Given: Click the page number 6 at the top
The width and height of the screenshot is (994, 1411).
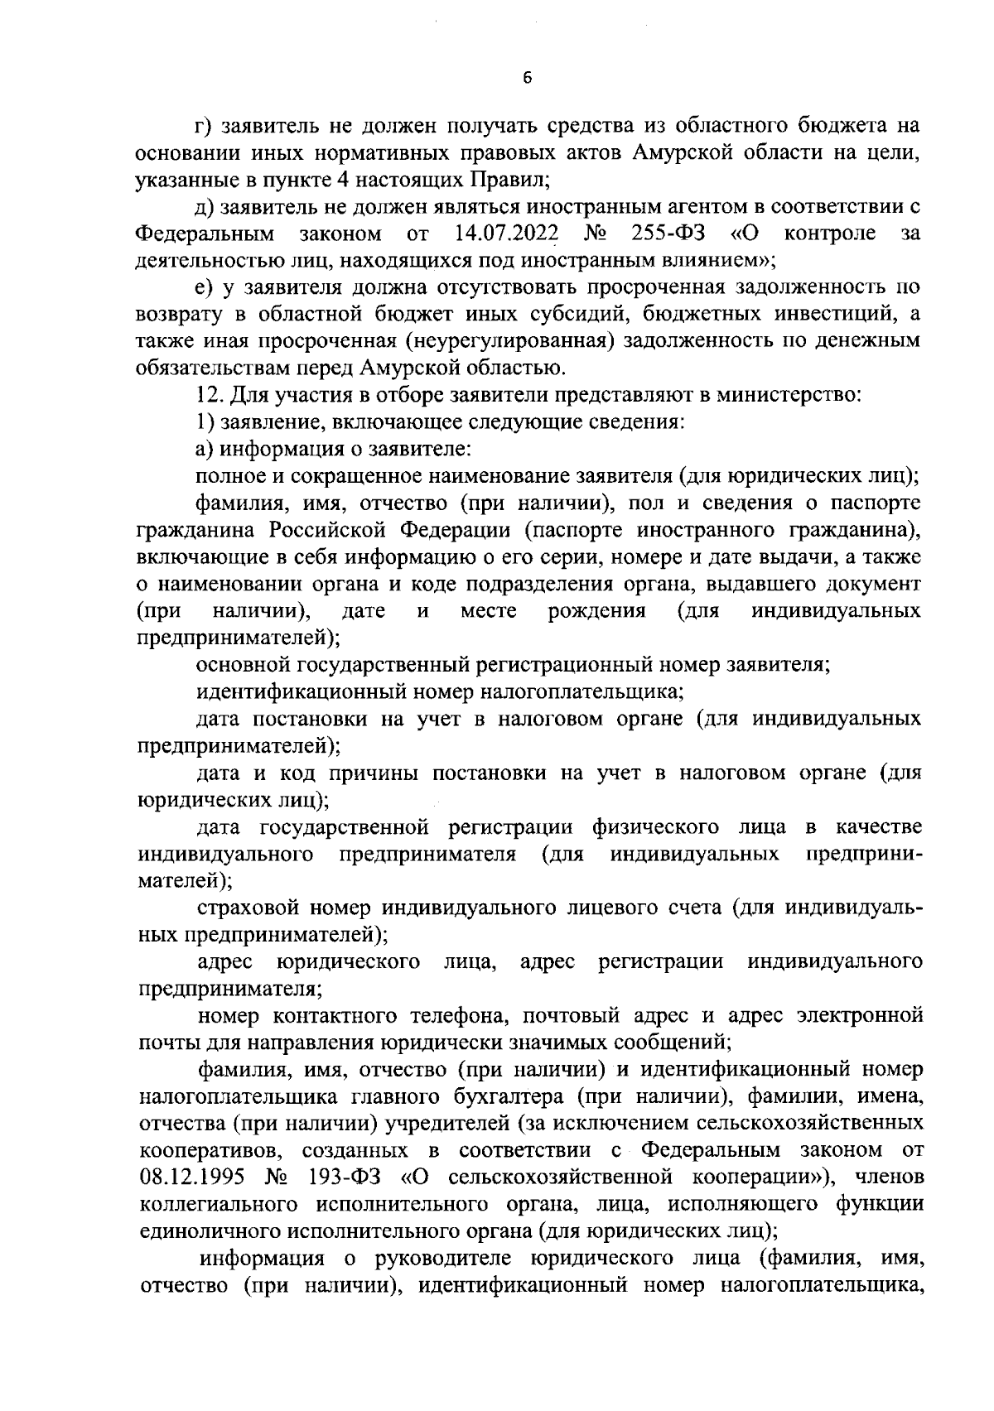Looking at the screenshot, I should (x=528, y=78).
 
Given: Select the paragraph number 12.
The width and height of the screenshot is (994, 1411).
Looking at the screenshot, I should (x=207, y=395).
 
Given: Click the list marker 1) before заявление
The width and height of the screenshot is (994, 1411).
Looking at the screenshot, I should (x=205, y=422).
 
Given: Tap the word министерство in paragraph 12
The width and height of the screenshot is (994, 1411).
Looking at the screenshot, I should (x=796, y=395).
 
